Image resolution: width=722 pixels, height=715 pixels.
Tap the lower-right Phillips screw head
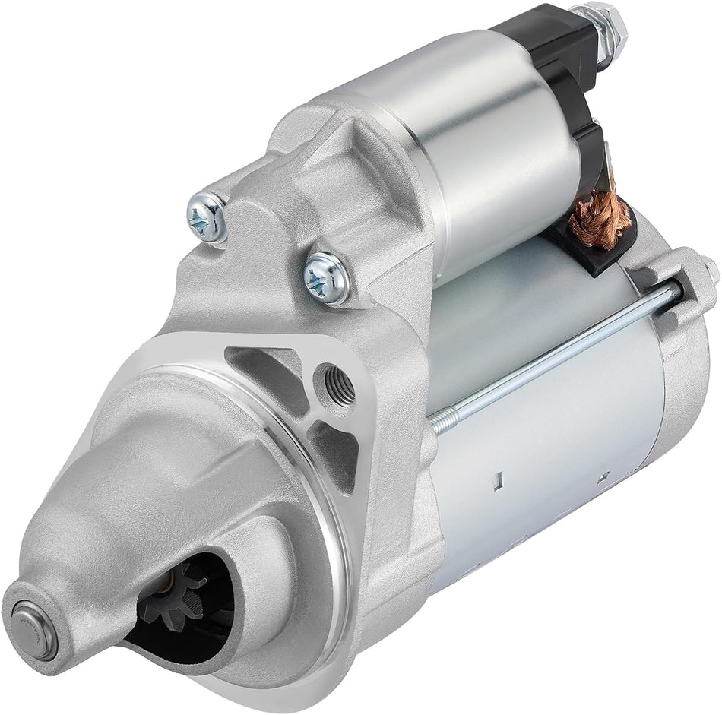(x=327, y=277)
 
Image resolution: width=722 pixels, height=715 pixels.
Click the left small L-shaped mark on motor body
(x=497, y=480)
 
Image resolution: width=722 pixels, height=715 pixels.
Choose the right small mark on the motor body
(x=605, y=477)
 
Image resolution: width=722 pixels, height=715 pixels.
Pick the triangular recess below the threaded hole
(x=334, y=448)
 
